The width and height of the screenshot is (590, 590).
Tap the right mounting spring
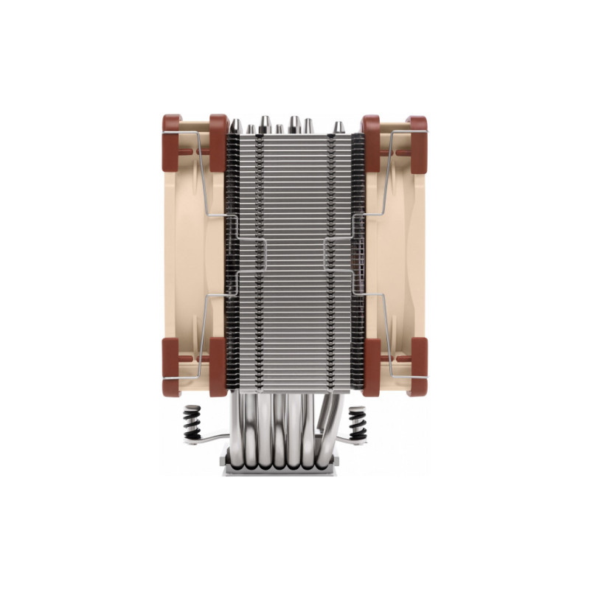click(x=357, y=423)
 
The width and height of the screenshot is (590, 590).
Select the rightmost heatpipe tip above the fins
click(x=339, y=127)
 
